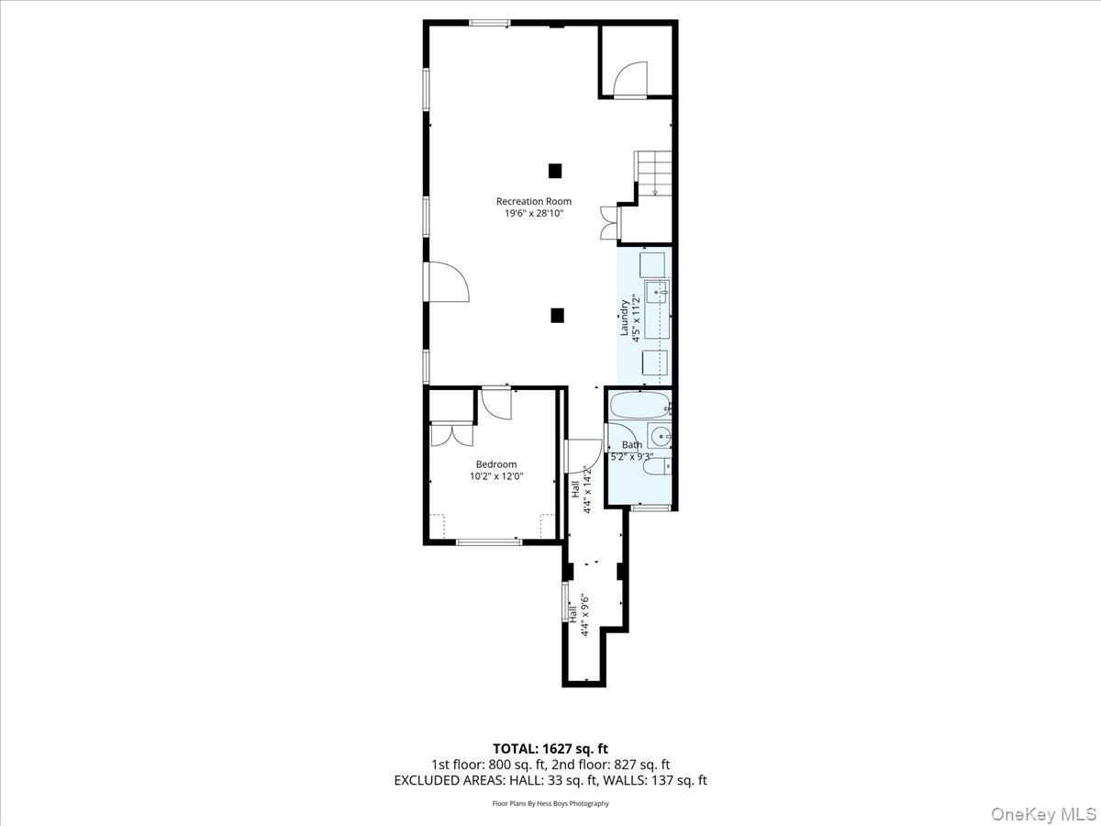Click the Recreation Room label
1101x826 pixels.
[533, 201]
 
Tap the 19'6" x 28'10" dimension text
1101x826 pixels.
[533, 213]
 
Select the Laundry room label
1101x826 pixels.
[625, 317]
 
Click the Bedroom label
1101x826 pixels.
[495, 464]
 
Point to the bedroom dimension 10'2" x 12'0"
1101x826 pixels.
[495, 476]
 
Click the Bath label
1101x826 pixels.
[632, 444]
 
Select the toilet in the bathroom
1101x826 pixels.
[657, 468]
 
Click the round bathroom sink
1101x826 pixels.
[661, 435]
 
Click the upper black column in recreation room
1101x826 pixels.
[554, 170]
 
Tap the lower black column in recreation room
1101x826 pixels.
[556, 315]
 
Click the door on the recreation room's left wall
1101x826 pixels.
[448, 282]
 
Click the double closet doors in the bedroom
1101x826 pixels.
[451, 434]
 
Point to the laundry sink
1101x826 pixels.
[657, 294]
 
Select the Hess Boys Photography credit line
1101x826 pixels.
[550, 803]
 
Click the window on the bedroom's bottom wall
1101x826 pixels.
[489, 542]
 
